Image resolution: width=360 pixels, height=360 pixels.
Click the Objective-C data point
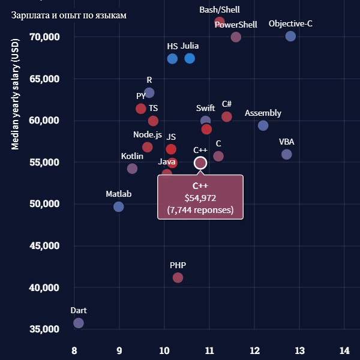290,36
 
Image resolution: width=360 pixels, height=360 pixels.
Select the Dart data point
78,323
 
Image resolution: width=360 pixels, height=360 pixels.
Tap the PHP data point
178,277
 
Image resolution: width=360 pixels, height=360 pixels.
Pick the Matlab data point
119,206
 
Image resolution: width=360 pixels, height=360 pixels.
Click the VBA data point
286,154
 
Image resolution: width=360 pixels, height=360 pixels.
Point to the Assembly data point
263,125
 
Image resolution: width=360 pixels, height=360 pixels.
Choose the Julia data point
190,58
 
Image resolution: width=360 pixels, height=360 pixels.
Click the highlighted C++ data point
200,163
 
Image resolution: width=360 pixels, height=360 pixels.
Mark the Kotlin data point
132,169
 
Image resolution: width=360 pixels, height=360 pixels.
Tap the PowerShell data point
236,37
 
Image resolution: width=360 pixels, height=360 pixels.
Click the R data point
149,92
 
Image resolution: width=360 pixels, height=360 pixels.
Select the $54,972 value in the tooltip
200,197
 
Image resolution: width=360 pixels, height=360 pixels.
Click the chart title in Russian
69,15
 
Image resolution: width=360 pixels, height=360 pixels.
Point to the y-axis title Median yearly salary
16,96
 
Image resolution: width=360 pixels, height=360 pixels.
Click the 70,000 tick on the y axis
44,37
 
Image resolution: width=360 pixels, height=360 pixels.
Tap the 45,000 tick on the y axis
44,245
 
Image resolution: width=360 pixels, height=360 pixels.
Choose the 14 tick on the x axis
344,350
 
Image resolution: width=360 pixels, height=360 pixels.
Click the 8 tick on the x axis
74,350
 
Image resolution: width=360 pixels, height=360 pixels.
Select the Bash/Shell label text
219,10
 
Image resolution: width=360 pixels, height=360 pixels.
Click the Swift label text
205,108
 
